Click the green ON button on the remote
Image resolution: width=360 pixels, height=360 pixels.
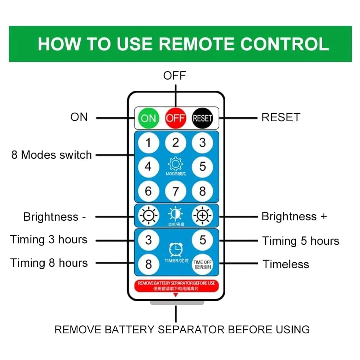click(148, 118)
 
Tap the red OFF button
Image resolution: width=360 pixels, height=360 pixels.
click(175, 118)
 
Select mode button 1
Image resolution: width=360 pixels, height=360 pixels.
click(148, 143)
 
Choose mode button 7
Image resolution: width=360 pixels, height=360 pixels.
click(175, 191)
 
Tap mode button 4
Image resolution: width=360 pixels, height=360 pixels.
click(148, 167)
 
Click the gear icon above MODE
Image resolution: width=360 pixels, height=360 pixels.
click(175, 165)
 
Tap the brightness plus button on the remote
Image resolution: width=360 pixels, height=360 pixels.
click(202, 216)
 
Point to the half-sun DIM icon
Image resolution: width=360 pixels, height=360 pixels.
click(175, 215)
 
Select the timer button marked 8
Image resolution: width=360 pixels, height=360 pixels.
click(148, 264)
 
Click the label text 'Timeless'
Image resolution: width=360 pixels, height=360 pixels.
click(286, 264)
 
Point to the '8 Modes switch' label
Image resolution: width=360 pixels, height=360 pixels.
click(51, 155)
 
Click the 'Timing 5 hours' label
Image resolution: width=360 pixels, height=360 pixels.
click(301, 241)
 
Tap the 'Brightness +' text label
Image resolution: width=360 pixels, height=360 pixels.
click(294, 217)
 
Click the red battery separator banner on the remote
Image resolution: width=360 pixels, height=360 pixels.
click(176, 285)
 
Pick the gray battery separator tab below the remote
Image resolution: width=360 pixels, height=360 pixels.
click(177, 303)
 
